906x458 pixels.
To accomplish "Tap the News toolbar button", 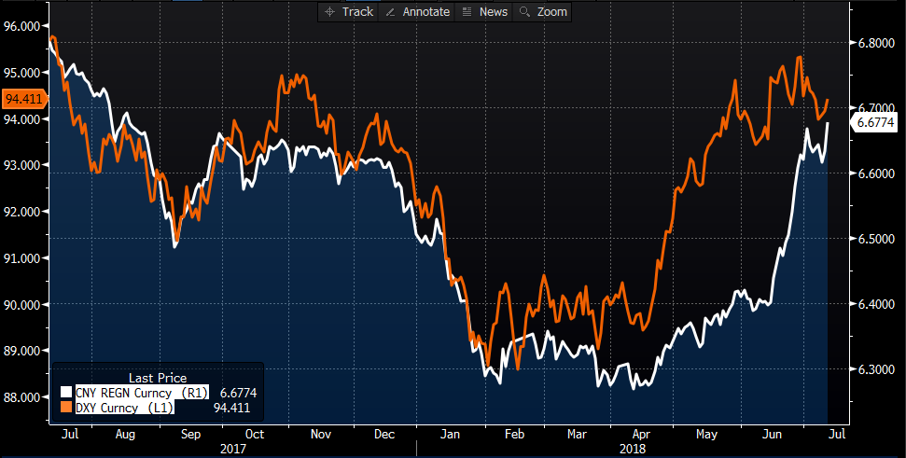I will pyautogui.click(x=485, y=11).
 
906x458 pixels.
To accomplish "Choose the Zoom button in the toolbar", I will pyautogui.click(x=543, y=11).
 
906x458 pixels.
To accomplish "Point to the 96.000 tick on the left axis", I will pyautogui.click(x=26, y=26).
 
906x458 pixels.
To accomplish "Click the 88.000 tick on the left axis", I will pyautogui.click(x=26, y=396).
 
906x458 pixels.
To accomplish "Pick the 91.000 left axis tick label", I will pyautogui.click(x=26, y=257).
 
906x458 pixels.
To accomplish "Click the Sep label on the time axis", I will pyautogui.click(x=189, y=434).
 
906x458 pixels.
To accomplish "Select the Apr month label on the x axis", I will pyautogui.click(x=642, y=434).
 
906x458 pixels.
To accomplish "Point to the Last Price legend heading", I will pyautogui.click(x=158, y=377).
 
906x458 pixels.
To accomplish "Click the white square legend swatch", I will pyautogui.click(x=65, y=393).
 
